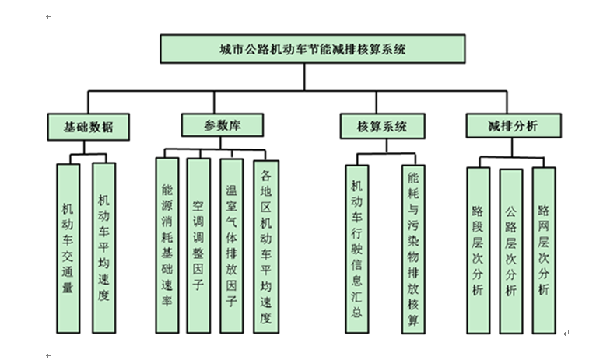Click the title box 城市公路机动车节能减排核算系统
click(313, 47)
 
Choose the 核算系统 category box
click(382, 125)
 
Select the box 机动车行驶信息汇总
click(358, 250)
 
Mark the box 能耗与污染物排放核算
click(414, 250)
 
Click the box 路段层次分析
click(479, 250)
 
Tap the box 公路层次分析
click(510, 250)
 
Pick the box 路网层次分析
click(544, 250)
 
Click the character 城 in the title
click(226, 48)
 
